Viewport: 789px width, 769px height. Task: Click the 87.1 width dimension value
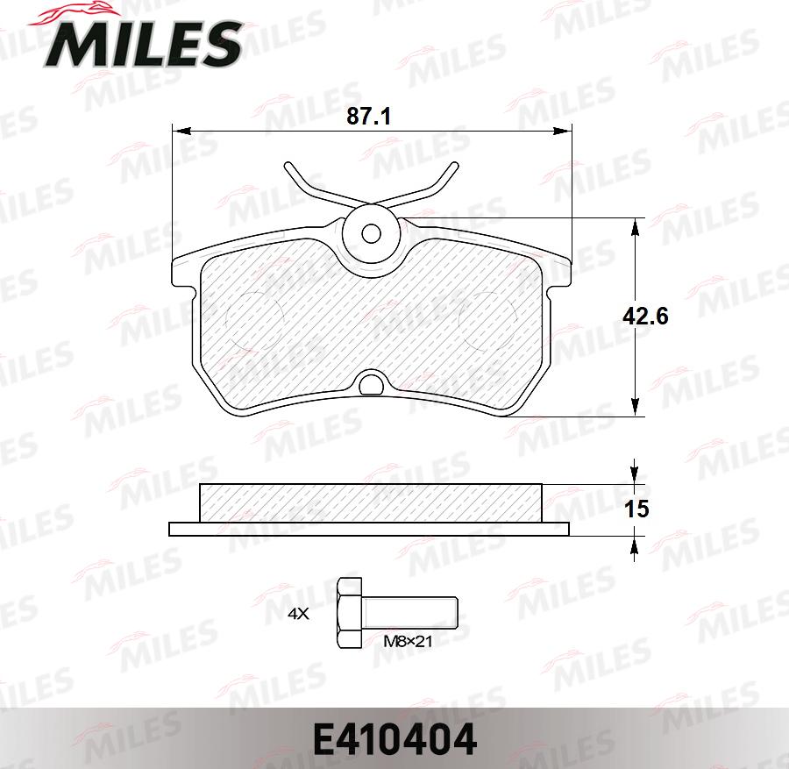coord(368,117)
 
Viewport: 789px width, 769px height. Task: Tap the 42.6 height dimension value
coord(645,317)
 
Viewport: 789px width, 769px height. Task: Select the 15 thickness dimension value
coord(636,509)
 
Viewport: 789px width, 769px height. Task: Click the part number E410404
coord(394,739)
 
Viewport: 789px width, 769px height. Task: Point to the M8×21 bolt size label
coord(408,642)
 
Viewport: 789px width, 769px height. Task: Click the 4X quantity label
coord(298,614)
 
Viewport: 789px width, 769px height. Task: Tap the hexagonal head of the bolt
coord(350,613)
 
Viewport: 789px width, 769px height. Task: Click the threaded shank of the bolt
coord(410,613)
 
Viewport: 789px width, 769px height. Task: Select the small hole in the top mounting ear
coord(372,233)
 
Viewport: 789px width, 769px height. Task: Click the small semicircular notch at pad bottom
coord(372,382)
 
